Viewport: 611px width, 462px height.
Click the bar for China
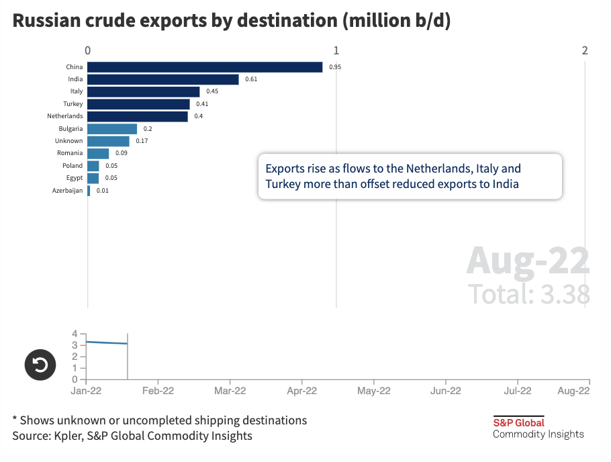coord(205,67)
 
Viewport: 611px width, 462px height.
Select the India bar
coord(163,79)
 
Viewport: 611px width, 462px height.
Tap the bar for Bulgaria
coord(112,129)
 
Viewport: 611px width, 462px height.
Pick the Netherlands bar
coord(138,116)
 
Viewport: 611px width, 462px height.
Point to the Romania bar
coord(98,153)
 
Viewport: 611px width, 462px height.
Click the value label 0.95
coord(335,67)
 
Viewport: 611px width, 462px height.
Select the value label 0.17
coord(142,141)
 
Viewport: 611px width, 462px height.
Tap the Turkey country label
coord(73,104)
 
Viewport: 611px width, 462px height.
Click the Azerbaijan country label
coord(68,191)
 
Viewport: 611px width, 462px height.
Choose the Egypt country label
coord(75,178)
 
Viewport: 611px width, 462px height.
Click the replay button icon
coord(40,365)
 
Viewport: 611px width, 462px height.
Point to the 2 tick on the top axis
coord(585,50)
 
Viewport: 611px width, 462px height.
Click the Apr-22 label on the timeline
coord(301,391)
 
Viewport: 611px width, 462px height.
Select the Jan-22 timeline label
coord(87,391)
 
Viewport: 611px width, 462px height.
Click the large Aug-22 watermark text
coord(528,261)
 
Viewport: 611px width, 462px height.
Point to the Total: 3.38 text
coord(529,294)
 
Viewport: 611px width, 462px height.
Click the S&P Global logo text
coord(518,422)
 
